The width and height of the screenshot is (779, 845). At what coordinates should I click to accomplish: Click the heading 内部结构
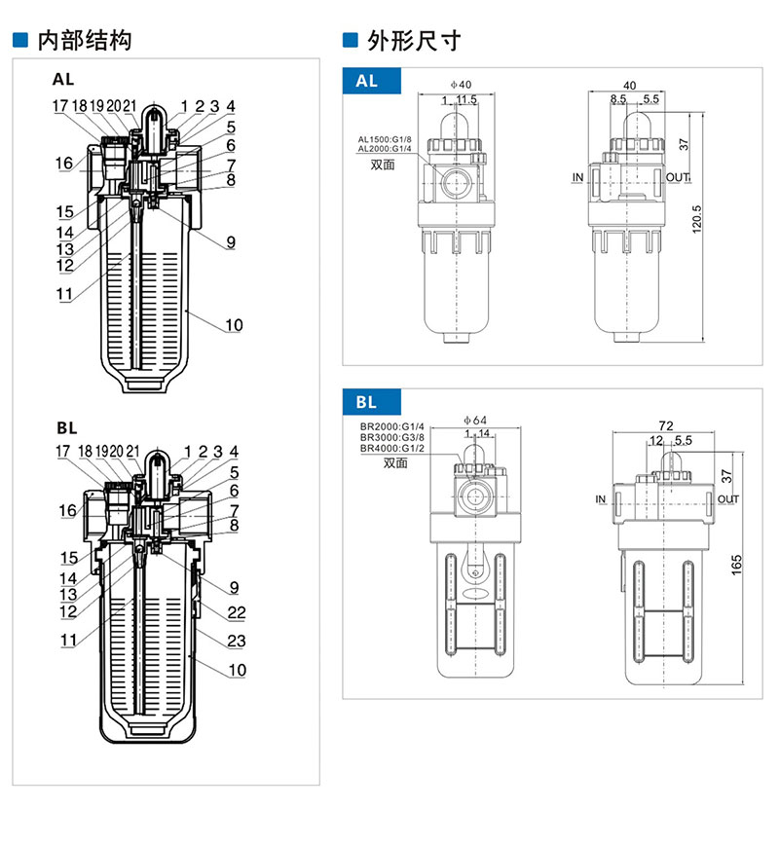(x=83, y=41)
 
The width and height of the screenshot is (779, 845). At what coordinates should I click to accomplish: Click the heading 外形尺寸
(x=414, y=41)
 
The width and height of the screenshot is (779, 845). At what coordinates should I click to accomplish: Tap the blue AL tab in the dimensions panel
(x=368, y=82)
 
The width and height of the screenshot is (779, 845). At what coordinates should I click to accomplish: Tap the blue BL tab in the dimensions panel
(x=368, y=401)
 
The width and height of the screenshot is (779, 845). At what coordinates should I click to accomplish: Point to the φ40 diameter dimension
(x=461, y=86)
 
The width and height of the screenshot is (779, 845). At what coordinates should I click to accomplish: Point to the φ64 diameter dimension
(x=474, y=421)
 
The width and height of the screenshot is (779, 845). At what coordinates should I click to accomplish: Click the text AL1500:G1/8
(x=385, y=139)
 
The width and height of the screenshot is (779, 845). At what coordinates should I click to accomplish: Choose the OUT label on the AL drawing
(x=679, y=177)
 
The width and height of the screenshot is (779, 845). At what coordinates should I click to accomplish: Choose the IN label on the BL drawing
(x=600, y=499)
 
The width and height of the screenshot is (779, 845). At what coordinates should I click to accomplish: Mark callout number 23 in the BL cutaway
(x=237, y=641)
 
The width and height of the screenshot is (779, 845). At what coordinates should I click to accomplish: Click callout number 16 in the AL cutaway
(x=64, y=164)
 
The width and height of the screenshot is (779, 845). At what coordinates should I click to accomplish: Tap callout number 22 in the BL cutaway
(x=237, y=613)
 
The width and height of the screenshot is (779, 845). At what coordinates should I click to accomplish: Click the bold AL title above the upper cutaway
(x=63, y=81)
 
